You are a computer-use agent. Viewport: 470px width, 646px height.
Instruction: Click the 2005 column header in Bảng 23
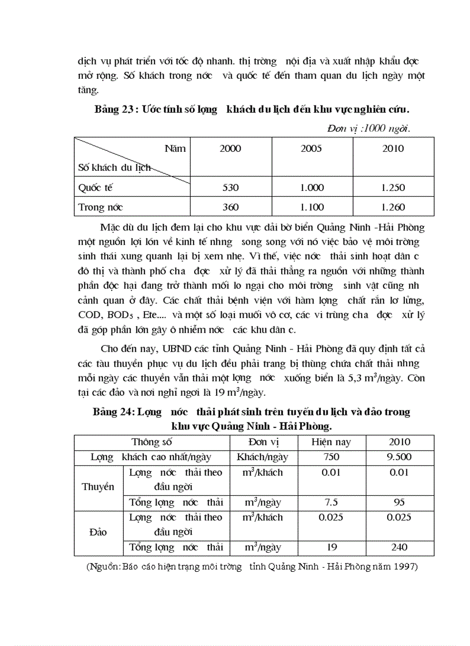click(x=311, y=148)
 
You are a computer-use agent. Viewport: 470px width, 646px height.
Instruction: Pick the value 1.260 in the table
click(x=393, y=207)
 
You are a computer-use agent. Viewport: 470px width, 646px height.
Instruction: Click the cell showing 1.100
click(x=312, y=207)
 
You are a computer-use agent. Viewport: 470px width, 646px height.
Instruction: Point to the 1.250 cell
click(x=393, y=188)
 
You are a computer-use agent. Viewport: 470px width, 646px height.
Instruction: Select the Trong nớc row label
click(x=101, y=207)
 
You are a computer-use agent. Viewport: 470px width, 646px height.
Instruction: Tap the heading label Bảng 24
click(x=113, y=412)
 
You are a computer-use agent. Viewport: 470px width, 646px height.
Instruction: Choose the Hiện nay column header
click(x=331, y=442)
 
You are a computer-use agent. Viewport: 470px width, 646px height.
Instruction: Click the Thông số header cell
click(x=151, y=442)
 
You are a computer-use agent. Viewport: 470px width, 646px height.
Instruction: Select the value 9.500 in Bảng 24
click(x=399, y=457)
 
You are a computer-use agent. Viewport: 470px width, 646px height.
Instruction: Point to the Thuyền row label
click(x=98, y=487)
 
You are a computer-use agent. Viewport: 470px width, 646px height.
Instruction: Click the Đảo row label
click(x=98, y=532)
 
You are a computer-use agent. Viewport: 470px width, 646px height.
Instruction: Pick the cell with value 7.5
click(x=331, y=502)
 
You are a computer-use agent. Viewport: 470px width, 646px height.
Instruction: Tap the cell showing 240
click(x=399, y=547)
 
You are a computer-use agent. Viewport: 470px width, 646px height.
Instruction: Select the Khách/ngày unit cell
click(x=263, y=457)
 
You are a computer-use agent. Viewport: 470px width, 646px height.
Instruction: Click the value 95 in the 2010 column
click(x=399, y=502)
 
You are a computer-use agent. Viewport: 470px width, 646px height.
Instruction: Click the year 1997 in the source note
click(x=405, y=567)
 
